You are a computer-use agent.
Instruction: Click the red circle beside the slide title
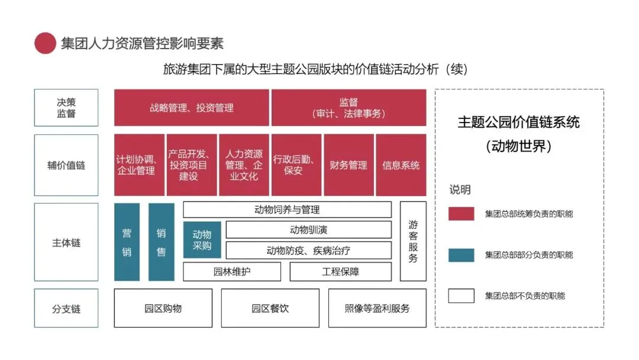tap(45, 43)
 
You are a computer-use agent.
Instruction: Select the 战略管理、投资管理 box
tap(191, 108)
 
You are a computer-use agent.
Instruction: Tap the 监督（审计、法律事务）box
tap(348, 108)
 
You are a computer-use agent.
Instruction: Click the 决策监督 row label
tap(66, 108)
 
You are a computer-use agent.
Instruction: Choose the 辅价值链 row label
tap(66, 165)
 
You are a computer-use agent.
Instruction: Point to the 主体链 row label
tap(66, 242)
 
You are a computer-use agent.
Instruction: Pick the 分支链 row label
tap(66, 308)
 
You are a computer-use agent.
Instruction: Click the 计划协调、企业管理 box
tap(139, 165)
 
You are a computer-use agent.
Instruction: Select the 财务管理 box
tap(348, 165)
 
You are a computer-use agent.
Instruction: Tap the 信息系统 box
tap(401, 165)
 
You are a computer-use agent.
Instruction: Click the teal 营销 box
tap(127, 242)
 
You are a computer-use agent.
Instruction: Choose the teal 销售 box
tap(161, 242)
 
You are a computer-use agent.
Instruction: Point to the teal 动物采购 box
tap(202, 240)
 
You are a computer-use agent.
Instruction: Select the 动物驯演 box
tap(308, 230)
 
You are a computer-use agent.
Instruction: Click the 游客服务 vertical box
tap(413, 242)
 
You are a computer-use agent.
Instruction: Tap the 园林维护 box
tap(232, 272)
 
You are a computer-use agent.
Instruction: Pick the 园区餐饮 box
tap(270, 308)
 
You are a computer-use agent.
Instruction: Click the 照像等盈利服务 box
tap(377, 308)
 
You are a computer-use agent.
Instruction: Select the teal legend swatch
tap(461, 255)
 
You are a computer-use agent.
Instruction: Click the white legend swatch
tap(461, 295)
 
